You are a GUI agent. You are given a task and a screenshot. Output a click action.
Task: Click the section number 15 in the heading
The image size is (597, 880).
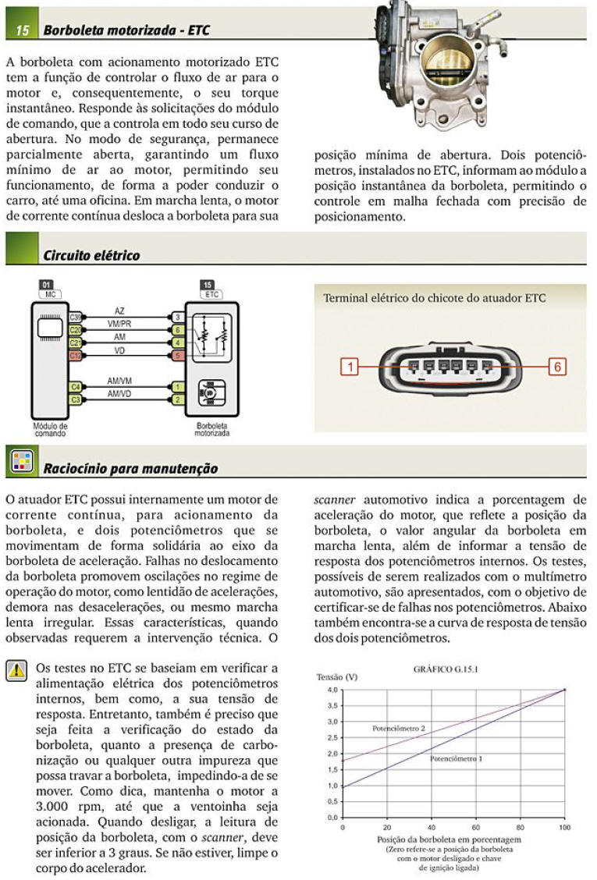[x=22, y=30]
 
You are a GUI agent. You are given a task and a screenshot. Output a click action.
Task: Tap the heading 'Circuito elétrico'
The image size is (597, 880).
[x=91, y=255]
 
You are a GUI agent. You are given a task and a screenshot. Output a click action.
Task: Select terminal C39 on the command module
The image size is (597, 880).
[x=76, y=318]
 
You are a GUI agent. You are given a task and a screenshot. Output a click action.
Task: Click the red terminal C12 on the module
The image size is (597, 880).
[x=76, y=356]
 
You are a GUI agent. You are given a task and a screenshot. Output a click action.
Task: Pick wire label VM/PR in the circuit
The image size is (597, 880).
[x=119, y=324]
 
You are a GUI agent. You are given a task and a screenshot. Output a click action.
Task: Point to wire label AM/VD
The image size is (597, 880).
[x=119, y=395]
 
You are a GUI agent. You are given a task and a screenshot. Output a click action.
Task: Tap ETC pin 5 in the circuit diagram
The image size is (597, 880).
[x=177, y=356]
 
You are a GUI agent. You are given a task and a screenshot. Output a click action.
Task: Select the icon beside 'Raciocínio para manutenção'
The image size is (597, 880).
[x=20, y=462]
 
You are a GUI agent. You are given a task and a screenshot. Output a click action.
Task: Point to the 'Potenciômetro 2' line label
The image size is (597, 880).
[x=398, y=728]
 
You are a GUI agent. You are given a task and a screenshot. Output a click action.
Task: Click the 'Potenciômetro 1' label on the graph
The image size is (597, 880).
[x=457, y=758]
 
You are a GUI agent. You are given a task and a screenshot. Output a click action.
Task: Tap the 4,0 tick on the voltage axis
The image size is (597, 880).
[x=332, y=690]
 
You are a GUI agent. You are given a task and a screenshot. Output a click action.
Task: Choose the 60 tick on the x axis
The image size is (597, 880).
[x=476, y=826]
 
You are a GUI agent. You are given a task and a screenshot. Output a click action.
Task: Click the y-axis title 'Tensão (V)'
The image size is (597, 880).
[x=337, y=677]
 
